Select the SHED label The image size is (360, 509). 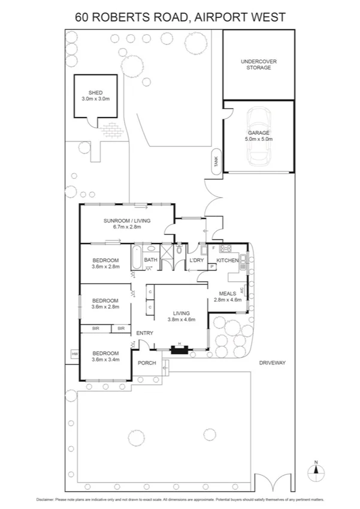point(95,93)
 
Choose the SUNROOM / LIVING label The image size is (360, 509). point(126,221)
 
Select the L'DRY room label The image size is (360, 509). point(197,260)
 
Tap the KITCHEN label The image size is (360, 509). point(227,260)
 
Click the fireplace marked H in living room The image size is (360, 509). point(177,350)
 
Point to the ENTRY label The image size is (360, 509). point(145,333)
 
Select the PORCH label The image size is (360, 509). point(147,363)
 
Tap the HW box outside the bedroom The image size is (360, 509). point(75,355)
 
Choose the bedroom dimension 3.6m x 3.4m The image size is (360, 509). point(105,360)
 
